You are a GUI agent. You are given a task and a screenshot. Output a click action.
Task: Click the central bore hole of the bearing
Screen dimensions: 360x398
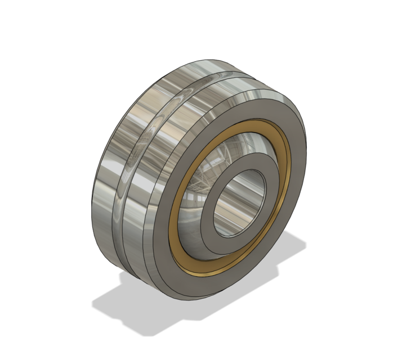(239, 202)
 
